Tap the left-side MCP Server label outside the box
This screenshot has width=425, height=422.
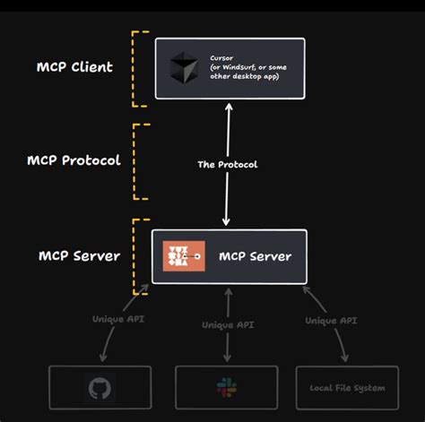click(78, 255)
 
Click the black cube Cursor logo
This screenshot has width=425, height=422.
click(181, 68)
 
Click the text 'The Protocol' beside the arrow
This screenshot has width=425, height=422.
click(228, 164)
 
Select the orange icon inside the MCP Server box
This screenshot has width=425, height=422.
click(184, 256)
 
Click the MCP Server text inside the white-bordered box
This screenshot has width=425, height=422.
click(255, 256)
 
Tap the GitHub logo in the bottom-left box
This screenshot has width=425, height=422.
click(100, 388)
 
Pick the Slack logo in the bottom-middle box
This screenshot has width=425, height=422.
click(226, 388)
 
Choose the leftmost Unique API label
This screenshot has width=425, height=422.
click(114, 319)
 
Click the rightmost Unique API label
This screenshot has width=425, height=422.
click(333, 319)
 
